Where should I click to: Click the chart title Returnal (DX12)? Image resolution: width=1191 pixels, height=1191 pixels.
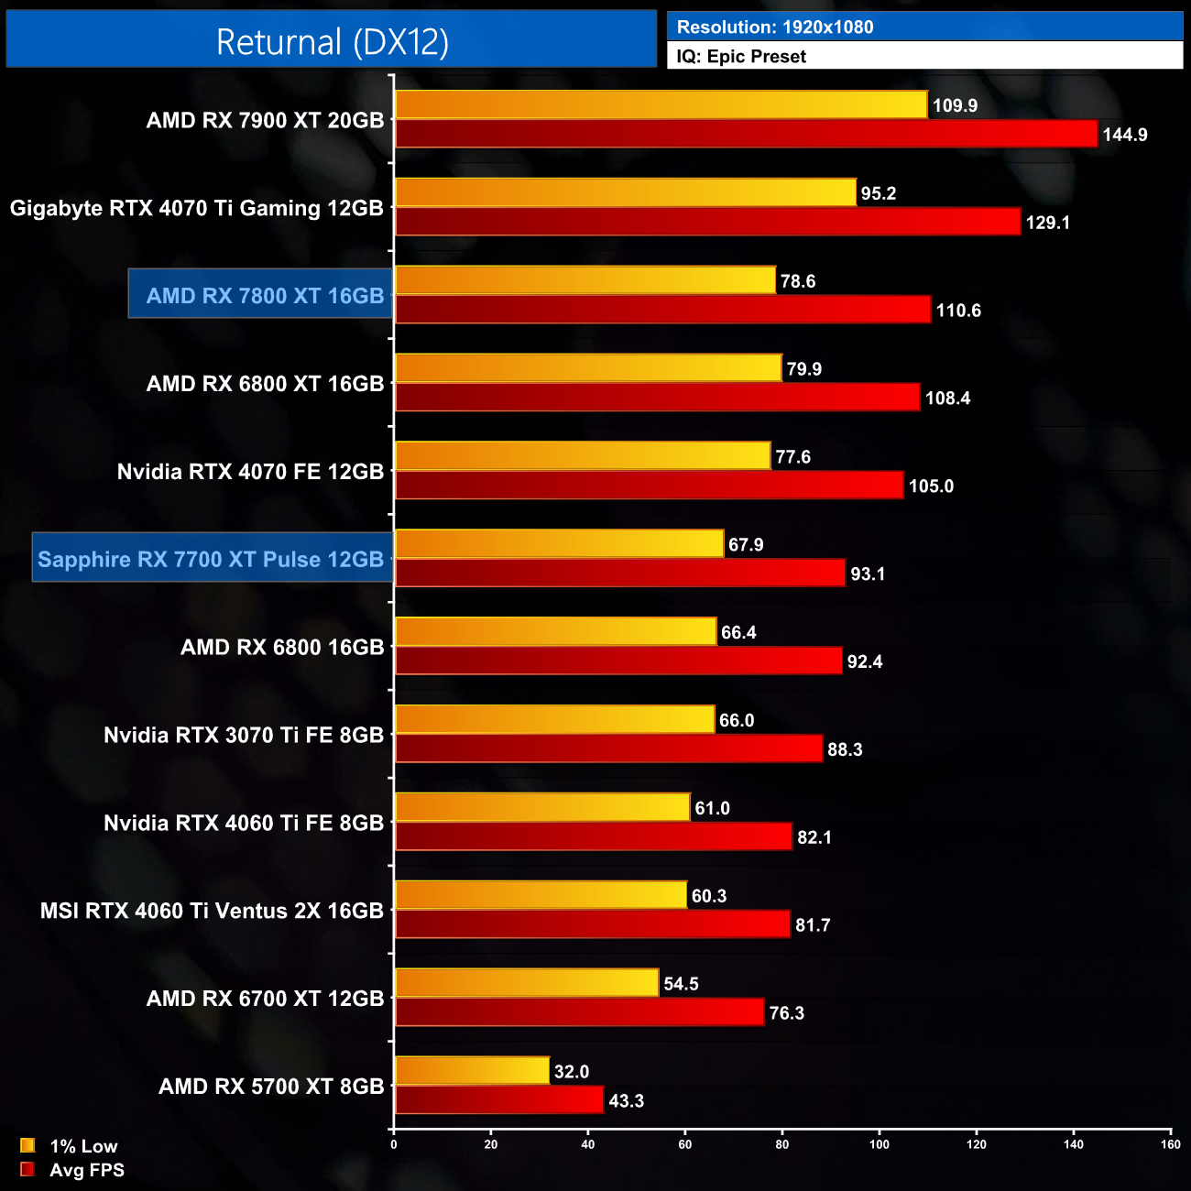point(332,42)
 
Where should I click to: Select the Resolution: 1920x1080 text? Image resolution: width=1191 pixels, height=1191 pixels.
point(775,27)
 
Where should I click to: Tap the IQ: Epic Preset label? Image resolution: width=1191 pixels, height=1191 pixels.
point(741,57)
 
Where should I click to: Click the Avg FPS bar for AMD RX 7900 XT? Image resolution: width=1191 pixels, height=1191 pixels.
point(746,134)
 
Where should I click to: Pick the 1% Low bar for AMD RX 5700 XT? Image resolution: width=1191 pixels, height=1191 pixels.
point(472,1070)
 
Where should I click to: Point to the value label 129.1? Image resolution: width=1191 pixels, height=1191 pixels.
point(1047,223)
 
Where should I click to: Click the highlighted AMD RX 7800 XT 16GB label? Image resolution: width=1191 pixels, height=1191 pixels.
point(265,296)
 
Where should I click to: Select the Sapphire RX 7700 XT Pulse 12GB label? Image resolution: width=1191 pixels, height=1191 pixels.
point(211,560)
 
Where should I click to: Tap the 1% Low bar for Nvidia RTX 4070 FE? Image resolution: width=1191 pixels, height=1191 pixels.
point(583,455)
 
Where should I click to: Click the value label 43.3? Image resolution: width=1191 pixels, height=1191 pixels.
point(626,1101)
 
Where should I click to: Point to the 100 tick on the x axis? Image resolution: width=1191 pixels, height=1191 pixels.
point(880,1143)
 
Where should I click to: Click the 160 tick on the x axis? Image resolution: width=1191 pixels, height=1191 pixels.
point(1170,1143)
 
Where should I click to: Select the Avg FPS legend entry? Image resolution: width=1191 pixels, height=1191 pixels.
point(72,1170)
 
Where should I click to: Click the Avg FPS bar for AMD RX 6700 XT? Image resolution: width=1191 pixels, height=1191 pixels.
point(579,1012)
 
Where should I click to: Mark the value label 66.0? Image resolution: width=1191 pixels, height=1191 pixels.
point(736,721)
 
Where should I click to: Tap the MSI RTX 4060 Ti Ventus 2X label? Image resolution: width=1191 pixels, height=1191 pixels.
point(212,911)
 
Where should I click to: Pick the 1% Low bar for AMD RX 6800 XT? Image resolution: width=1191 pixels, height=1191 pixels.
point(588,368)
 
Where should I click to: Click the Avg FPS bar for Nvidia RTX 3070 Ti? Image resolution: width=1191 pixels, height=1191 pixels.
point(608,748)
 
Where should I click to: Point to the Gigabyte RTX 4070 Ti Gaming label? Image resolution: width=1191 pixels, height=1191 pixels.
point(196,208)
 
